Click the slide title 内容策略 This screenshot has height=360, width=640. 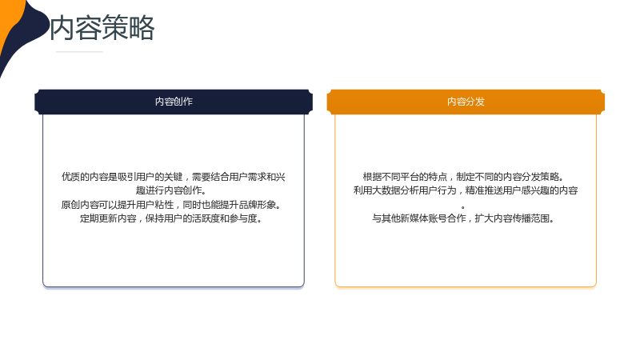(102, 28)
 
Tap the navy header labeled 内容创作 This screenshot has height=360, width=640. (174, 102)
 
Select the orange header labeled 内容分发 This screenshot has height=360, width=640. (466, 102)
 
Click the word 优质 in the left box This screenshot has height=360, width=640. (70, 177)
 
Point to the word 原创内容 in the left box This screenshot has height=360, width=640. (79, 205)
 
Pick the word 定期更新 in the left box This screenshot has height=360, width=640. (98, 218)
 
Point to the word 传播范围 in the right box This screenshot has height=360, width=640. (531, 218)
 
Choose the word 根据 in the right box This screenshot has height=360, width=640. (372, 177)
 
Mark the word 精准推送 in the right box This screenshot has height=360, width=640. (484, 190)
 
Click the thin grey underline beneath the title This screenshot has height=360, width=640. (79, 52)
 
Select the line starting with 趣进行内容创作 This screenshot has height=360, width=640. (171, 190)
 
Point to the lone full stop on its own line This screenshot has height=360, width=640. (463, 207)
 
